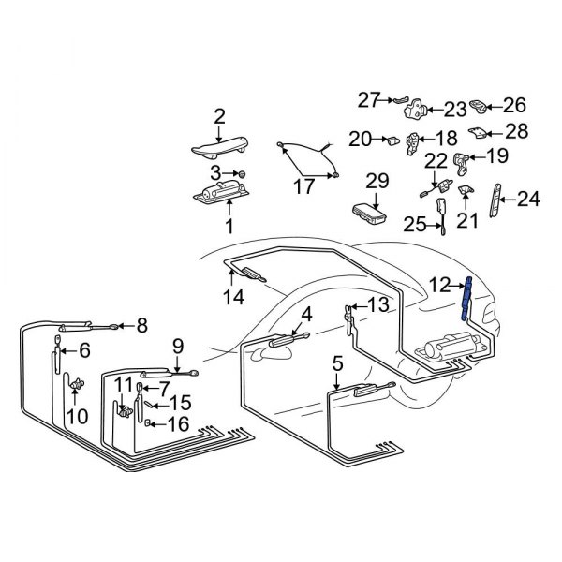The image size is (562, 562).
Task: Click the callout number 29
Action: coord(377,179)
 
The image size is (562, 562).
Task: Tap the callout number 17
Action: coord(303,186)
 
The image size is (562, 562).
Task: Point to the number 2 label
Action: coord(219,116)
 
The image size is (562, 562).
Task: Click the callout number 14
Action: coord(233,298)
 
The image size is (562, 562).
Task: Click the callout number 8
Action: coord(141,326)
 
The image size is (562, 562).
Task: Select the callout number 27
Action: coord(369,98)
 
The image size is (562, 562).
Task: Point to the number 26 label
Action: coord(515,105)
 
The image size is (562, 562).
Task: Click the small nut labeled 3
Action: coord(241,174)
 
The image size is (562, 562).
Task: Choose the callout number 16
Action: coord(177,424)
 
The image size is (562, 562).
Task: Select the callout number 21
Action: coord(466,220)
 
